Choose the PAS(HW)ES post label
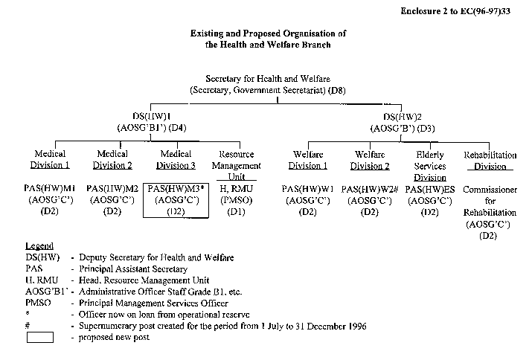point(429,190)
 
